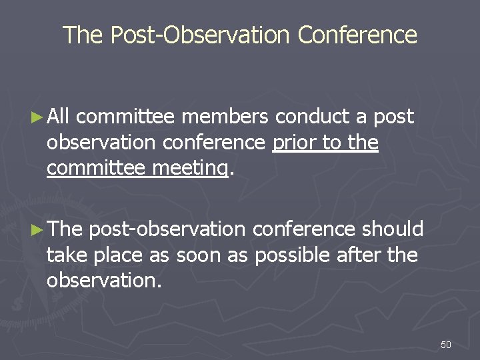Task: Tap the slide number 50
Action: [446, 345]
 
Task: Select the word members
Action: [225, 117]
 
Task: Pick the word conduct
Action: [312, 117]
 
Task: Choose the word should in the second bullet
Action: [393, 229]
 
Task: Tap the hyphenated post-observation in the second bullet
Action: [167, 229]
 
